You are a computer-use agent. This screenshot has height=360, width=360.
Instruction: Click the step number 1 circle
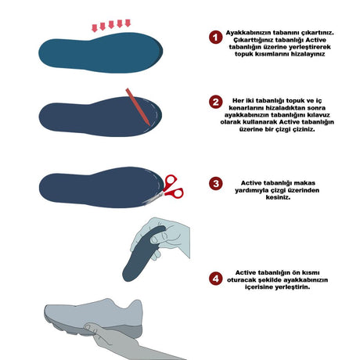tap(215, 38)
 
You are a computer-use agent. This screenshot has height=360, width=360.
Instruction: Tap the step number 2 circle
tap(215, 102)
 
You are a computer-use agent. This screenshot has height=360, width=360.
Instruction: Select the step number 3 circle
tap(215, 183)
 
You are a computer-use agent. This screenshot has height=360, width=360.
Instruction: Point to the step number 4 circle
tap(215, 279)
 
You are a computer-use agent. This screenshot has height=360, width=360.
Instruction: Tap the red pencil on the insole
tap(138, 106)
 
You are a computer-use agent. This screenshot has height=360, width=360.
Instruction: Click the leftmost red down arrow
tap(95, 28)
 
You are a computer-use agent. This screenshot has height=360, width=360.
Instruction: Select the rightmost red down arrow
tap(128, 23)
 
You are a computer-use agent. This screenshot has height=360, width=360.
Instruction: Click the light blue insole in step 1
tap(101, 53)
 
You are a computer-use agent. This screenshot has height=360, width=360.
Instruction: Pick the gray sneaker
tap(94, 319)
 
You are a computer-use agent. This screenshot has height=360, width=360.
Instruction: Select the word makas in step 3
tap(304, 183)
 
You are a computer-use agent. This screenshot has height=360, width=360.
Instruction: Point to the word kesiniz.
tap(278, 197)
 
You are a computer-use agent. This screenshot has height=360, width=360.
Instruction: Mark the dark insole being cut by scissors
tap(100, 187)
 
